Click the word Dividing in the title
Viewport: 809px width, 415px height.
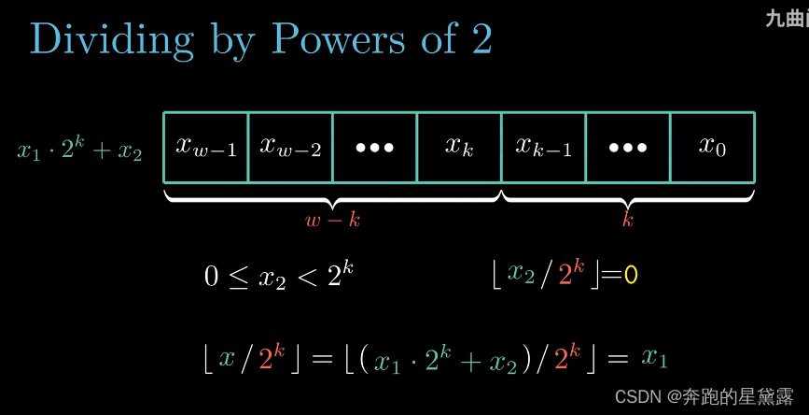tap(111, 39)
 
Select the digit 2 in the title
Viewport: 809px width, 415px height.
tap(479, 39)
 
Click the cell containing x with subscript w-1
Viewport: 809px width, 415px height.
tap(206, 148)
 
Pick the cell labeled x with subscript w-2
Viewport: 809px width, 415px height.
tap(290, 148)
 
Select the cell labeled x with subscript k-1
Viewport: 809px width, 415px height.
tap(543, 148)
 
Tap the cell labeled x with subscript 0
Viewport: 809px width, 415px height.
tap(712, 148)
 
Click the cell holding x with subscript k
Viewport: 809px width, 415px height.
tap(459, 148)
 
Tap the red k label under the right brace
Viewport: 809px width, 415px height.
tap(628, 221)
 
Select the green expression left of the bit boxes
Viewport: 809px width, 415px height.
tap(80, 150)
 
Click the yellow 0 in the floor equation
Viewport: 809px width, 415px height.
tap(631, 275)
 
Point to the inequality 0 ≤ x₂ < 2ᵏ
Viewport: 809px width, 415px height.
tap(279, 275)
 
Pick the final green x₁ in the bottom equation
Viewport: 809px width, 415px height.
tap(655, 358)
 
